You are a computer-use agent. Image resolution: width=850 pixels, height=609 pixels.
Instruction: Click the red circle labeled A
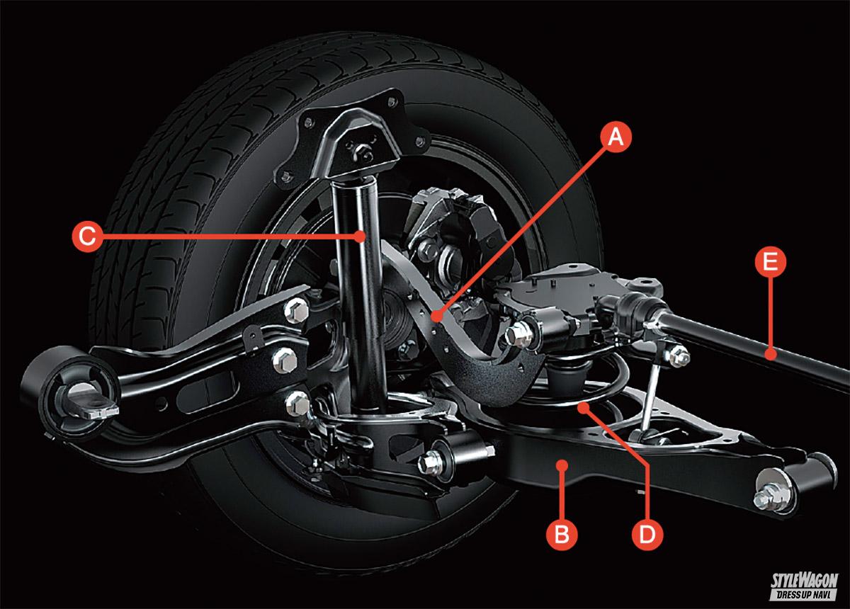pos(616,137)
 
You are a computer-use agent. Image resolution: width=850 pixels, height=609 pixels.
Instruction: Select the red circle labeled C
pos(87,237)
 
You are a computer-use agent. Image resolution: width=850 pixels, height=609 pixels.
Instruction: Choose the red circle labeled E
pos(771,262)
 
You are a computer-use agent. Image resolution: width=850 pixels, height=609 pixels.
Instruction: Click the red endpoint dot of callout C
pos(359,237)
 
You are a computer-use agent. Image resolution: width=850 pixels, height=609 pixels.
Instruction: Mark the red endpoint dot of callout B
pos(562,465)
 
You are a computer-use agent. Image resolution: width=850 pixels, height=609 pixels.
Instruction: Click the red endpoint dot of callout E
pos(771,355)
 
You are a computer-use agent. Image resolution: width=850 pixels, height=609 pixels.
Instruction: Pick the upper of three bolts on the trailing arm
pos(295,309)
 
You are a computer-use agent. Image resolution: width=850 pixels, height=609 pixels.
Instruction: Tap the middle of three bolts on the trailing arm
pos(285,358)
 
